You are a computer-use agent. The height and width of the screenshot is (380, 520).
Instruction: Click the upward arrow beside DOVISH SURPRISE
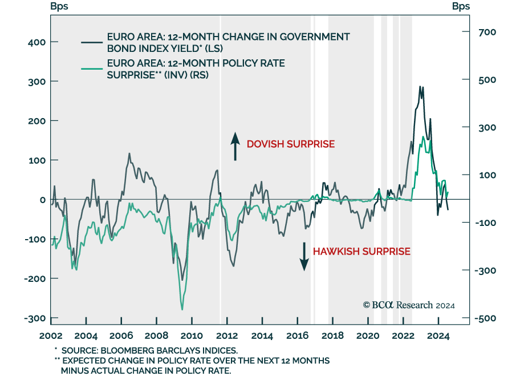[234, 145]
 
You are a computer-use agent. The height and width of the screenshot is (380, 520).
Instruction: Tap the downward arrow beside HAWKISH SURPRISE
[304, 256]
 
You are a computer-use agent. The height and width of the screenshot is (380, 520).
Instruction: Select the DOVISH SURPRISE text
[290, 144]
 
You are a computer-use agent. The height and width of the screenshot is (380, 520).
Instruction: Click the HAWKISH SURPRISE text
[361, 251]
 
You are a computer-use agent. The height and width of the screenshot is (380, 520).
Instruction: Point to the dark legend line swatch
[91, 42]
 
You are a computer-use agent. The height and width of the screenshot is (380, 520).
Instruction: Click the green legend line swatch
[91, 68]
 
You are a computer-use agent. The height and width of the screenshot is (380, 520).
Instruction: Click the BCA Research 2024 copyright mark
[409, 305]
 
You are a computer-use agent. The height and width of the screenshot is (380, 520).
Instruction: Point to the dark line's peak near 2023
[420, 87]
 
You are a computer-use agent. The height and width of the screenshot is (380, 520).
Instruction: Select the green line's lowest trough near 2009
[182, 309]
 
